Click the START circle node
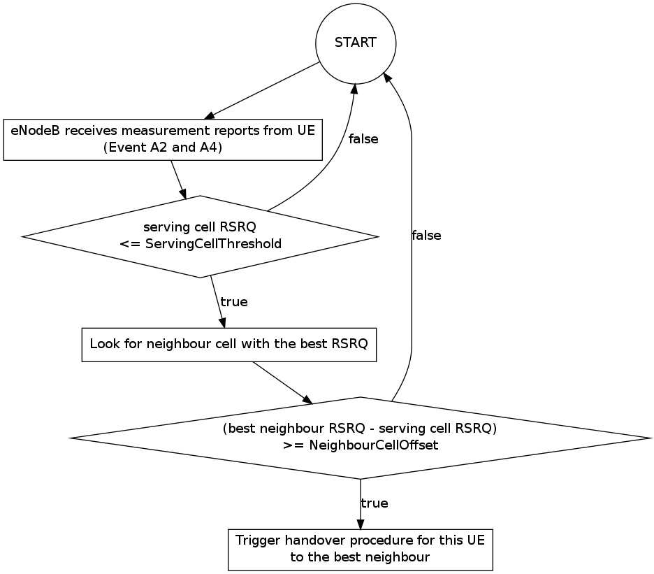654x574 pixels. point(356,43)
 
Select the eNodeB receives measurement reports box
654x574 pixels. point(162,140)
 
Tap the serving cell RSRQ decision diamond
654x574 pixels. point(201,236)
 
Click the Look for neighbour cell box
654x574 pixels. point(229,344)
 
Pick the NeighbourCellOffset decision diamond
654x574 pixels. point(360,438)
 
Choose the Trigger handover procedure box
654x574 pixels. point(360,549)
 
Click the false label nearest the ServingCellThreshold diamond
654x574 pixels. point(363,139)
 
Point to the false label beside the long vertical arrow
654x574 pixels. point(426,236)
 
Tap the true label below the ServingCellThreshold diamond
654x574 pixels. point(234,302)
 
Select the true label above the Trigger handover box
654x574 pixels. point(375,503)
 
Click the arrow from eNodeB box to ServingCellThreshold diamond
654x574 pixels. point(179,180)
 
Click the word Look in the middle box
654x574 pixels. point(103,344)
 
